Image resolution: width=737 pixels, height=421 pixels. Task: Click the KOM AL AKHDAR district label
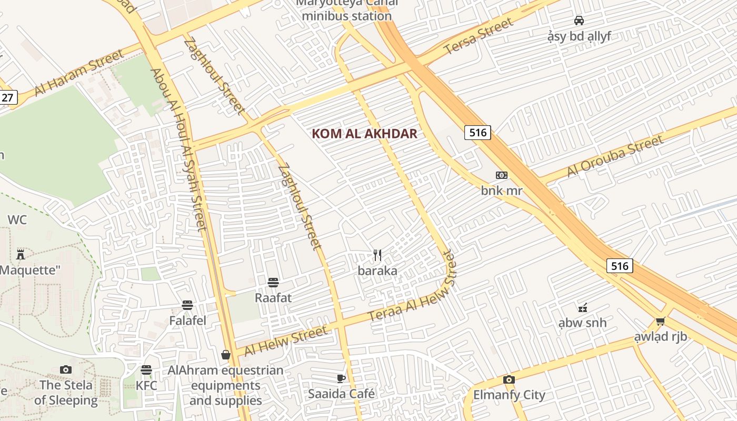pos(364,134)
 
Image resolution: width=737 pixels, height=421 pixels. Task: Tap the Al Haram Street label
pos(79,73)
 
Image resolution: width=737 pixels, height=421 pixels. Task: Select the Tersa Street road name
pos(478,36)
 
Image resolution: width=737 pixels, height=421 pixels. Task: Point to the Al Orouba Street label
pos(615,157)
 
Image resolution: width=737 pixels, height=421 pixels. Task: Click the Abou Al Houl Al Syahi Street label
pos(178,149)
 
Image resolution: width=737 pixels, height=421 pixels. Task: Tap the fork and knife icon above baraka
pos(377,255)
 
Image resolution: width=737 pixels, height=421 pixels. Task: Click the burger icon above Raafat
pos(273,283)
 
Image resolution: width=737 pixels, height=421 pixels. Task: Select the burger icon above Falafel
pos(187,305)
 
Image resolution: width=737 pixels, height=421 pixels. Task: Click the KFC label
pos(146,386)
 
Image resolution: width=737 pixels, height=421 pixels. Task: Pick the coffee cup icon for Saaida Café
pos(341,378)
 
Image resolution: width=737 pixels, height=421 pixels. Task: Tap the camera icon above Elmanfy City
pos(509,379)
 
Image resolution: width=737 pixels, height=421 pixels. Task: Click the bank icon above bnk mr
pos(501,175)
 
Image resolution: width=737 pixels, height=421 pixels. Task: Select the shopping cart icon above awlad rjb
pos(660,321)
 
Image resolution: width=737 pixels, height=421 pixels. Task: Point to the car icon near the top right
pos(579,21)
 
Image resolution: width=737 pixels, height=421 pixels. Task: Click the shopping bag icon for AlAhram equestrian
pos(226,355)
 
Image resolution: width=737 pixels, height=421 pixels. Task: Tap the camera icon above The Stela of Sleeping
pos(66,369)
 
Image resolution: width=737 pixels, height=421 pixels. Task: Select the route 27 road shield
pos(7,97)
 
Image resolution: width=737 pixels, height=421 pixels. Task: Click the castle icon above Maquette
pos(21,255)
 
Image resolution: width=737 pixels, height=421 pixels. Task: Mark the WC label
pos(17,220)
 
